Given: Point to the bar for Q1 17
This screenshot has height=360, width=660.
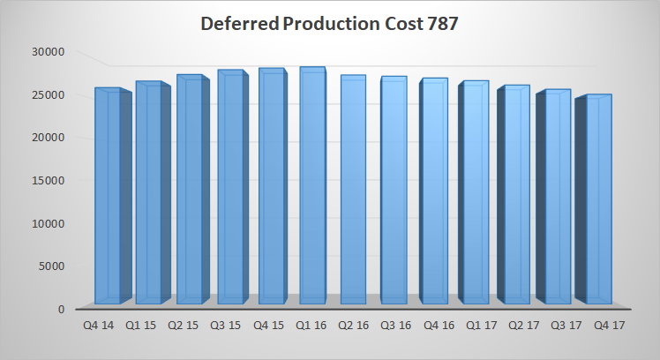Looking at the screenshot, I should (476, 192).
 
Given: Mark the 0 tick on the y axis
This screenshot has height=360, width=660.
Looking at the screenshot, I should (61, 309).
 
